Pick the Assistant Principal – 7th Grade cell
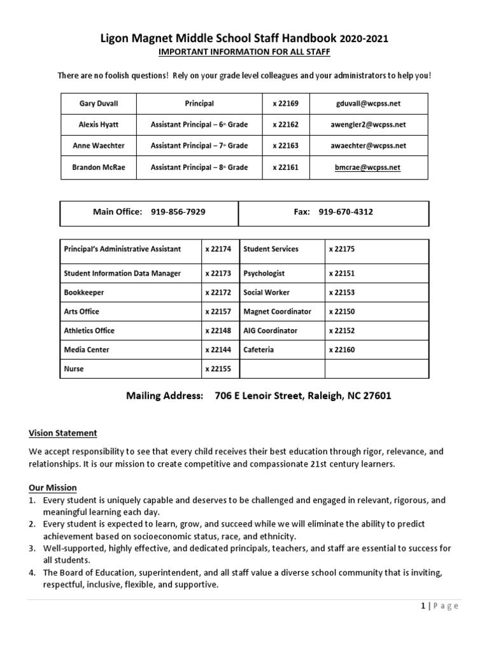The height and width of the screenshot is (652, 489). (x=199, y=146)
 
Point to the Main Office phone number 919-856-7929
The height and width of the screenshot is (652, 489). (x=178, y=212)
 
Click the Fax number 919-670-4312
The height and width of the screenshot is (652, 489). (x=346, y=212)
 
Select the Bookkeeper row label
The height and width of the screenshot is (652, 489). (x=84, y=292)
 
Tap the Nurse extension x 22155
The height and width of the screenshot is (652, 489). (x=218, y=369)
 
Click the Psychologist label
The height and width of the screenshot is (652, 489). (x=264, y=273)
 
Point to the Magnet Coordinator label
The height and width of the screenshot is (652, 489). (x=277, y=311)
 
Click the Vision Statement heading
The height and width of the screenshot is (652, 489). (x=63, y=433)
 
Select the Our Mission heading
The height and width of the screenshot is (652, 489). (x=53, y=488)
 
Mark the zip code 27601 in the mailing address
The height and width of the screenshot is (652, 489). (x=376, y=395)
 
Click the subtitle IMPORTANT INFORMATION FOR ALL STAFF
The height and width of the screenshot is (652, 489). (x=244, y=52)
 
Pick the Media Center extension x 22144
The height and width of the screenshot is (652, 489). (x=218, y=350)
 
